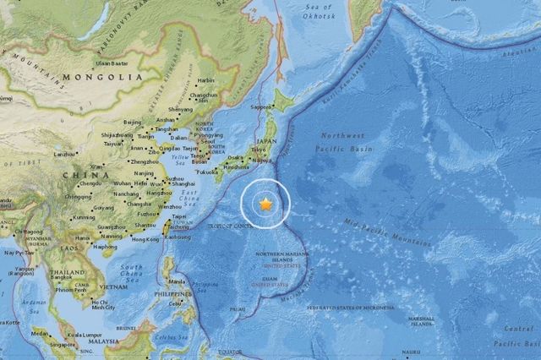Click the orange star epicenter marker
pyautogui.click(x=265, y=204)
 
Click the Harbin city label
pyautogui.click(x=206, y=81)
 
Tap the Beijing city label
pyautogui.click(x=133, y=123)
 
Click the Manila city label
pyautogui.click(x=178, y=281)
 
